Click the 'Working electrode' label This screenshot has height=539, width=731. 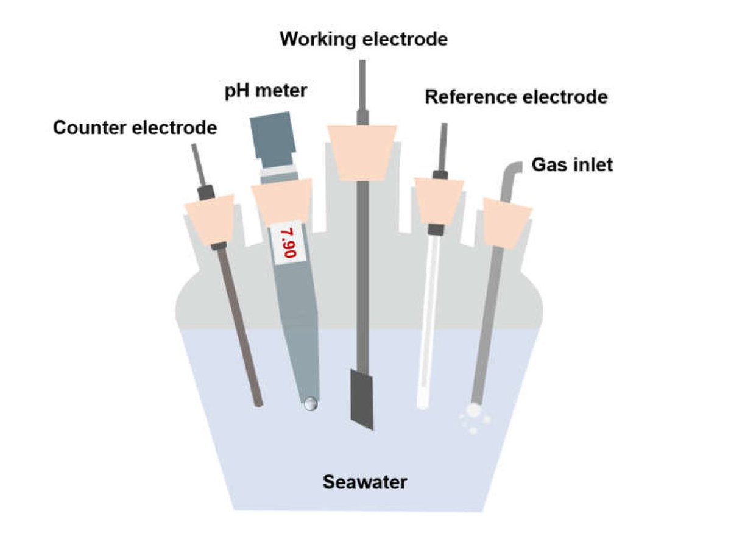364,40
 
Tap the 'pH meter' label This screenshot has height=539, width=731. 266,91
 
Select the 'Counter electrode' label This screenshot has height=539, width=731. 135,127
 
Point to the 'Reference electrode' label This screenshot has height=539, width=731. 517,97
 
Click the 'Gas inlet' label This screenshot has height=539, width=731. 572,165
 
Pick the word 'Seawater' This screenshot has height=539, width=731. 365,482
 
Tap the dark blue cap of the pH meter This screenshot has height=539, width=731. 272,139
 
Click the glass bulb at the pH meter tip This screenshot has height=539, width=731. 310,404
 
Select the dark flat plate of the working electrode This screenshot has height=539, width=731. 362,400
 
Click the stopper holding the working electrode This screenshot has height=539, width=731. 362,153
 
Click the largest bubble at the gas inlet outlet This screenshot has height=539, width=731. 473,410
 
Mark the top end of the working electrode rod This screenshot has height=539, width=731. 362,61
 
